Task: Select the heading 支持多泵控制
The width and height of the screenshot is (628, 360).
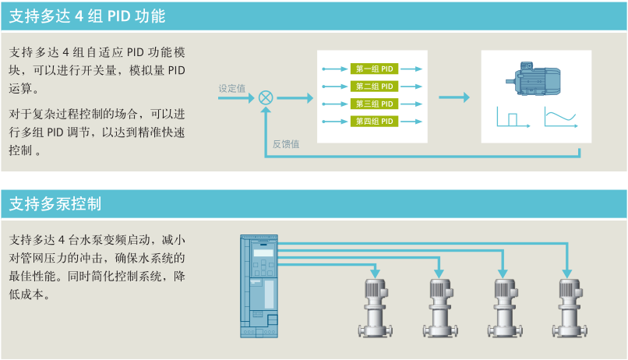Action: tap(55, 204)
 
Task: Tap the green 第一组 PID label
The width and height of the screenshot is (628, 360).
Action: tap(374, 69)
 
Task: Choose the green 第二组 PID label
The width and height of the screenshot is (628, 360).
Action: tap(374, 86)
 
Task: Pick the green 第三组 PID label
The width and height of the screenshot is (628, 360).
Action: tap(374, 104)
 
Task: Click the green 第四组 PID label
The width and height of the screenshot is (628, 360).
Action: tap(374, 121)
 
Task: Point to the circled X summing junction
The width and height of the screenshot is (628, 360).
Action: tap(266, 97)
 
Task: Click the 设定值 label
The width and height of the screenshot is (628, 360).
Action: tap(231, 88)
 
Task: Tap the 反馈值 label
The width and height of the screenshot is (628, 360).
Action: tap(285, 143)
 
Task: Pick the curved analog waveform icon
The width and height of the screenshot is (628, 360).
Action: tap(560, 118)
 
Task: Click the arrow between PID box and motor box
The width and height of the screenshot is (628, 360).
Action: tap(454, 97)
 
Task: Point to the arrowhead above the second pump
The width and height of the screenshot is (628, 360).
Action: tap(439, 274)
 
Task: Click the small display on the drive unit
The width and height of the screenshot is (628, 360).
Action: tap(264, 252)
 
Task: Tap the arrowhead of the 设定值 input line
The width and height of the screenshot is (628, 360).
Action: tap(253, 97)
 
